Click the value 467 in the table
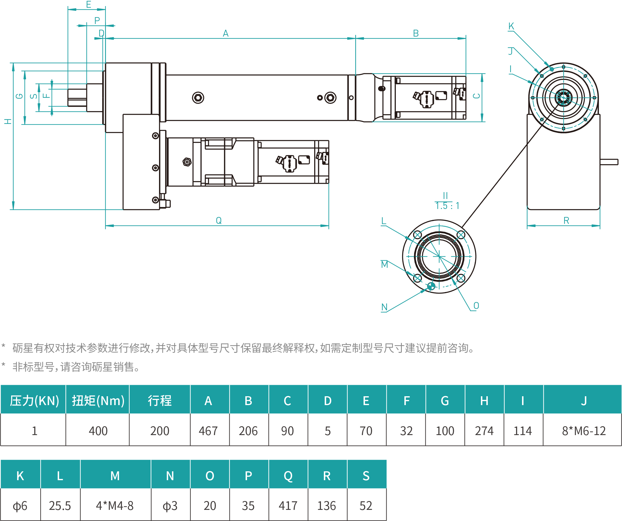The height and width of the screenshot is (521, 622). point(208,431)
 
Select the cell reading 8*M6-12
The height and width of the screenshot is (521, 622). point(584,431)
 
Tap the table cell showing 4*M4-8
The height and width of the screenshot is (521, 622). point(115,506)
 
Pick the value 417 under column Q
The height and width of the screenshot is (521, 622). point(288,506)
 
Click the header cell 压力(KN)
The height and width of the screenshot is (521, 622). point(34,401)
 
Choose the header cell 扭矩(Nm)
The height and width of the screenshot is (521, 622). point(98,401)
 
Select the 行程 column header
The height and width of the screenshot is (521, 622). point(160,401)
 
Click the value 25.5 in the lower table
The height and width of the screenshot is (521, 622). point(60,506)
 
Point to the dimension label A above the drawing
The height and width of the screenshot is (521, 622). point(226,33)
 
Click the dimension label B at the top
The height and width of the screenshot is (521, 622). point(416,33)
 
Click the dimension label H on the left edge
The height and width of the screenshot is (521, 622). point(8,121)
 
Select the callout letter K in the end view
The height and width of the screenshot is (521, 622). point(511,26)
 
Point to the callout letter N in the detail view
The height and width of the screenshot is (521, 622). point(384,307)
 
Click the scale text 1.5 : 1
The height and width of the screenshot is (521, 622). point(447,206)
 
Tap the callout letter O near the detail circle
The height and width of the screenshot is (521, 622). point(476,305)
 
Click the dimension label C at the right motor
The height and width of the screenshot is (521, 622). point(477,96)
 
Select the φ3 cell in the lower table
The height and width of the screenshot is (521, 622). point(170,506)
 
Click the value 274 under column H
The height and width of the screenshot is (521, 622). point(484,431)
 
